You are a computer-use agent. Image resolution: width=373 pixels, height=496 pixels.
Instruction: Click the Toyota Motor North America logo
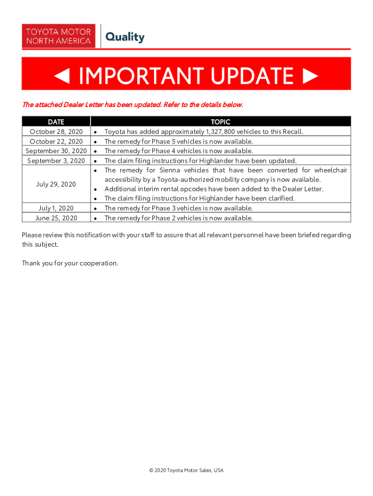click(58, 36)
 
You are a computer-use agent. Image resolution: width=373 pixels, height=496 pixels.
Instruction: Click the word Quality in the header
click(125, 37)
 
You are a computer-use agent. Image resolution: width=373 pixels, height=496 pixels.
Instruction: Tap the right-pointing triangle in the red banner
click(310, 76)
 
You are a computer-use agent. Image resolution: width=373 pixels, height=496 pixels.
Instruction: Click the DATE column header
click(56, 122)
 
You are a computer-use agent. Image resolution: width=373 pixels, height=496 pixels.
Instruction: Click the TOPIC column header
click(220, 122)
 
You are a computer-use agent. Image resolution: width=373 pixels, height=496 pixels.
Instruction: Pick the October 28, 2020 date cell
click(56, 132)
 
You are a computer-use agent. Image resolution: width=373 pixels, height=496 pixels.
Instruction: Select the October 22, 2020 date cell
click(56, 141)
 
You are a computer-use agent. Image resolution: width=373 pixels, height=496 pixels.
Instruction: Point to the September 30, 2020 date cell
click(56, 151)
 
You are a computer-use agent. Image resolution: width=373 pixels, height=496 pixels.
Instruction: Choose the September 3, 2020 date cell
click(56, 160)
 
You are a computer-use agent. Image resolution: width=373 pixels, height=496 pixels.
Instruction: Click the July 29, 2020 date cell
click(56, 184)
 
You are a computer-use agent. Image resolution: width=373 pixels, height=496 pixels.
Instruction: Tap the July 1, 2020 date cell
click(56, 208)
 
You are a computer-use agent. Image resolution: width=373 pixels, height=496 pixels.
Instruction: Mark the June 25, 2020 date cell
click(56, 218)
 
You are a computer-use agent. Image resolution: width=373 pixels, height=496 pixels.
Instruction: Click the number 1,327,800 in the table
click(223, 132)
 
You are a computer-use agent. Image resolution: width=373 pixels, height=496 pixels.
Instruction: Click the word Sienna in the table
click(170, 170)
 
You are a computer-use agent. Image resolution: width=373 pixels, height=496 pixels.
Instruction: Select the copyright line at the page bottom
click(186, 470)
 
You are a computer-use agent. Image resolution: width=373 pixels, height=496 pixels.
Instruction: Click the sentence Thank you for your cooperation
click(70, 263)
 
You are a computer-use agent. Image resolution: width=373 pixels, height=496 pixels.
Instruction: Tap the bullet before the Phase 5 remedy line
click(97, 141)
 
